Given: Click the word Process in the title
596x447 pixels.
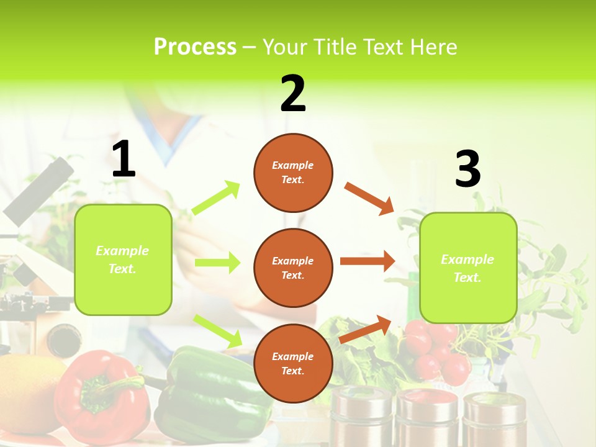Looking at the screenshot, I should pyautogui.click(x=195, y=47).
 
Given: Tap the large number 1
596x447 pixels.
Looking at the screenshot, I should pyautogui.click(x=124, y=159).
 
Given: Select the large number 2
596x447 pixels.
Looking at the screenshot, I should pyautogui.click(x=293, y=93).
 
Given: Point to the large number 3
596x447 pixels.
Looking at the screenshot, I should pyautogui.click(x=467, y=169).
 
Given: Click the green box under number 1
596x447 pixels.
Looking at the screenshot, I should pyautogui.click(x=123, y=260).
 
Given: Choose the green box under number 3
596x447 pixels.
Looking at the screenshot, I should pyautogui.click(x=468, y=268).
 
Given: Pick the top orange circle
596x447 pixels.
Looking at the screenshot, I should pyautogui.click(x=293, y=173).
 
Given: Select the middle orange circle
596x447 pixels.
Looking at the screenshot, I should pyautogui.click(x=293, y=268).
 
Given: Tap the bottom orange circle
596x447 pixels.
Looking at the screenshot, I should pyautogui.click(x=293, y=363).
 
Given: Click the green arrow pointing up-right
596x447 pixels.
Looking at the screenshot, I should pyautogui.click(x=216, y=198).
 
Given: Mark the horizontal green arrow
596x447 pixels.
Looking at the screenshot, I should pyautogui.click(x=217, y=263).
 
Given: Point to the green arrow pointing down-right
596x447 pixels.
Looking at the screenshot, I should pyautogui.click(x=218, y=331).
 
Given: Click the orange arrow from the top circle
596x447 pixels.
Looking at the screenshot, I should pyautogui.click(x=369, y=199).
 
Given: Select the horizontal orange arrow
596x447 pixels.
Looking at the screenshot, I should pyautogui.click(x=368, y=261).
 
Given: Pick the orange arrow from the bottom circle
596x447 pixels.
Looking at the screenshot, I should pyautogui.click(x=365, y=330).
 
